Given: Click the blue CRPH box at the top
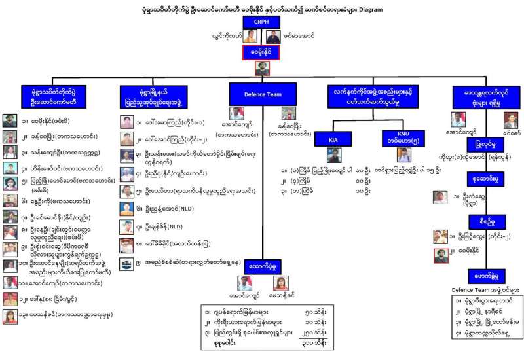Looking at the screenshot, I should pos(261,23).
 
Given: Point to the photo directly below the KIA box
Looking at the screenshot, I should pos(335,155).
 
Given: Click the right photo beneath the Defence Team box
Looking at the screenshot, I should pos(289,113).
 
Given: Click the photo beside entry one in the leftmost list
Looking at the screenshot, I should pos(9,120).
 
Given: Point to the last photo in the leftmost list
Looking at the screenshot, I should pos(9,317).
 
